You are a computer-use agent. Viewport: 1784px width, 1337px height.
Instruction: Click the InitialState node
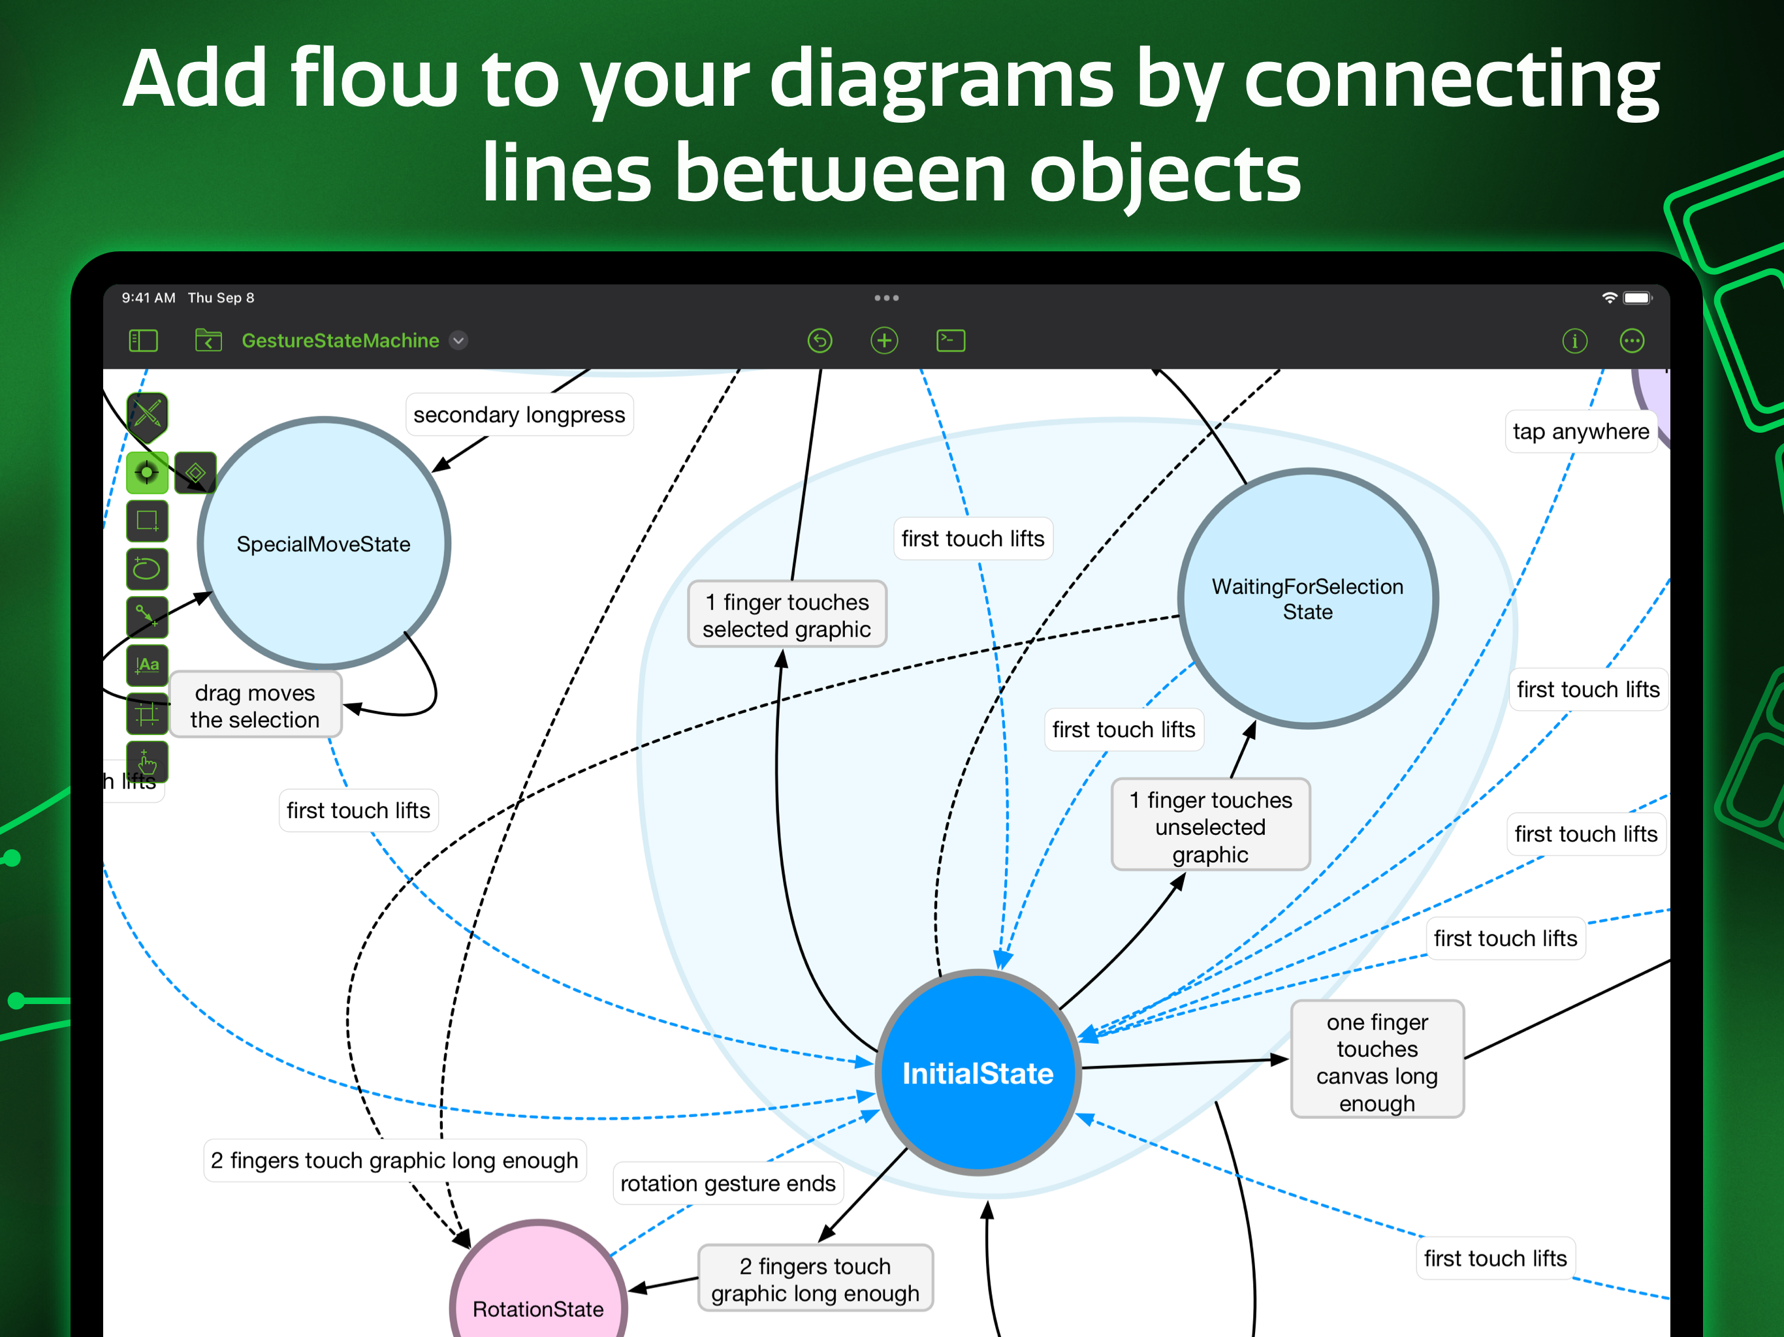(x=978, y=1073)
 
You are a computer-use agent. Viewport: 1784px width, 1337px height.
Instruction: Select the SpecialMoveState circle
(x=323, y=544)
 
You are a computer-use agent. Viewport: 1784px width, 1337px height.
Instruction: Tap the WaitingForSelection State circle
(x=1307, y=599)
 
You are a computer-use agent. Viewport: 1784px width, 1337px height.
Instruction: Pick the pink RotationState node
(x=538, y=1290)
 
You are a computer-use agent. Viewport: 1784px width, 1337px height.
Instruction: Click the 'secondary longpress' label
(x=518, y=415)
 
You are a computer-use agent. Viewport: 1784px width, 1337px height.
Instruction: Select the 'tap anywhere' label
(x=1580, y=432)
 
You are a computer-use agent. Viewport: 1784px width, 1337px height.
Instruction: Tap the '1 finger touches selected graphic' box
(x=786, y=614)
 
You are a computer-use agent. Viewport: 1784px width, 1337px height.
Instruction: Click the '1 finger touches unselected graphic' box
(x=1210, y=826)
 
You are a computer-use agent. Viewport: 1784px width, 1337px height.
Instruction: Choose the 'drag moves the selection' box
(x=255, y=706)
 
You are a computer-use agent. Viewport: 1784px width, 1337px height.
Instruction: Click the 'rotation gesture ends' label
(x=727, y=1183)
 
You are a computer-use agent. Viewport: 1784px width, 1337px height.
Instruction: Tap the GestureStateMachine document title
(x=340, y=340)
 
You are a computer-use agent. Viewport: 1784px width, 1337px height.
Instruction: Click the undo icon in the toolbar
(x=820, y=340)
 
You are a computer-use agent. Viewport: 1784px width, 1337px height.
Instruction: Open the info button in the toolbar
(x=1574, y=341)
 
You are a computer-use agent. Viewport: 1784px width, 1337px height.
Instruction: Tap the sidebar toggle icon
(x=144, y=340)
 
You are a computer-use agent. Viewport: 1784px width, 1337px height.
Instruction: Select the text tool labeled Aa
(x=148, y=665)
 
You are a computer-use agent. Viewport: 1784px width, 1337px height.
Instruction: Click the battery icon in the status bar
(x=1637, y=298)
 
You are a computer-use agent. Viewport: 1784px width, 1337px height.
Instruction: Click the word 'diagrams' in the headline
(x=941, y=79)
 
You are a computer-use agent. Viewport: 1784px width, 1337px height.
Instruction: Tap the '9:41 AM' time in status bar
(x=148, y=298)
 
